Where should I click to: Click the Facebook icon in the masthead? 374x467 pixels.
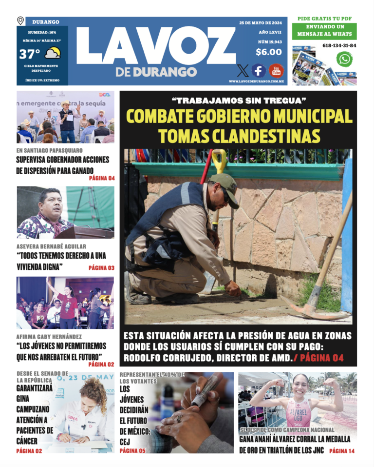[x=259, y=71]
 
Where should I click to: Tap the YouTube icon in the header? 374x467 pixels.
[x=276, y=71]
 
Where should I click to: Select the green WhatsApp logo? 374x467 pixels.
[x=344, y=59]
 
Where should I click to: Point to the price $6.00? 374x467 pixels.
[x=268, y=52]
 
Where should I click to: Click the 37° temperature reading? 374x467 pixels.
[x=29, y=54]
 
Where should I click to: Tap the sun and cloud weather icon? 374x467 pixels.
[x=52, y=53]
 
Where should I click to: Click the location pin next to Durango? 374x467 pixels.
[x=20, y=20]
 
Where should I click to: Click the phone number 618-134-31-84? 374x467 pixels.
[x=339, y=45]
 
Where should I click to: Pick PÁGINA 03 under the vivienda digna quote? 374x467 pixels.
[x=101, y=267]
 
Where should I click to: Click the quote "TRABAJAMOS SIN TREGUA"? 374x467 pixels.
[x=239, y=101]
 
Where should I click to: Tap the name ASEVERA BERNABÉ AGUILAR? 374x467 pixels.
[x=51, y=246]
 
